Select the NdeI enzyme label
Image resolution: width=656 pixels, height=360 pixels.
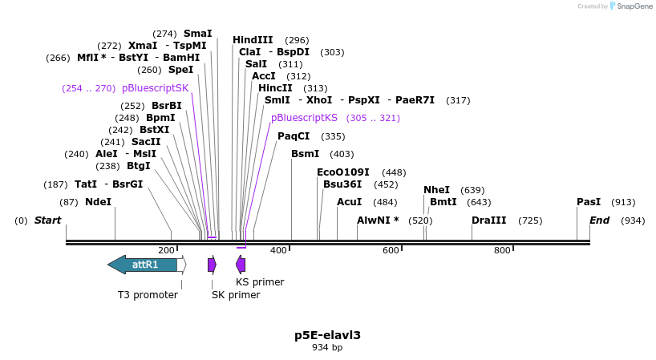tap(98, 202)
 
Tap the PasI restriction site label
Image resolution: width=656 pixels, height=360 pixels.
tap(589, 202)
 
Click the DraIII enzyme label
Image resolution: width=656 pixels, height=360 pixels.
tap(488, 220)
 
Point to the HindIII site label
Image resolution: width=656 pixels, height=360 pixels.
tap(253, 40)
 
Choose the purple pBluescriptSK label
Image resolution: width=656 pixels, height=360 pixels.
tap(156, 88)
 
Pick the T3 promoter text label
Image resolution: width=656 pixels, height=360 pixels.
tap(148, 295)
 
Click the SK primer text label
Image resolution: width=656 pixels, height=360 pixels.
tap(236, 295)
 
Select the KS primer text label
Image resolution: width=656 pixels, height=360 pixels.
tap(260, 282)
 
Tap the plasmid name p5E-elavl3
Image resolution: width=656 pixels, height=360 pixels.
tap(327, 335)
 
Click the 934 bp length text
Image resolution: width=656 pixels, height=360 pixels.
tap(327, 348)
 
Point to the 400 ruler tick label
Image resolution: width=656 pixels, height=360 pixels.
tap(278, 251)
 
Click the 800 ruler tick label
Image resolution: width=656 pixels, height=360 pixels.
tap(502, 251)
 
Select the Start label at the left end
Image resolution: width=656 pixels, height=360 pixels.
tap(47, 220)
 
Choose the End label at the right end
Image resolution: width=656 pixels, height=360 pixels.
tap(600, 220)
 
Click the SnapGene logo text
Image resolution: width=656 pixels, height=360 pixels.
tap(634, 6)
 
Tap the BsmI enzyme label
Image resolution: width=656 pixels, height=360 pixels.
tap(305, 154)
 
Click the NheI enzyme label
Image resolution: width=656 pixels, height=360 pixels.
tap(436, 190)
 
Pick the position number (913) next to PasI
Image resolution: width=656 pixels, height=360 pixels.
tap(623, 203)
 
